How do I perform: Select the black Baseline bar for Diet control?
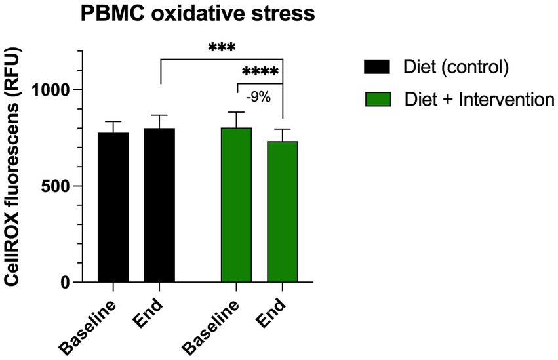[x=113, y=207]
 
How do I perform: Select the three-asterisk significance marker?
[x=222, y=49]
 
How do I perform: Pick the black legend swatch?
[x=376, y=67]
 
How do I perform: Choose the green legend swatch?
[x=376, y=100]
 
